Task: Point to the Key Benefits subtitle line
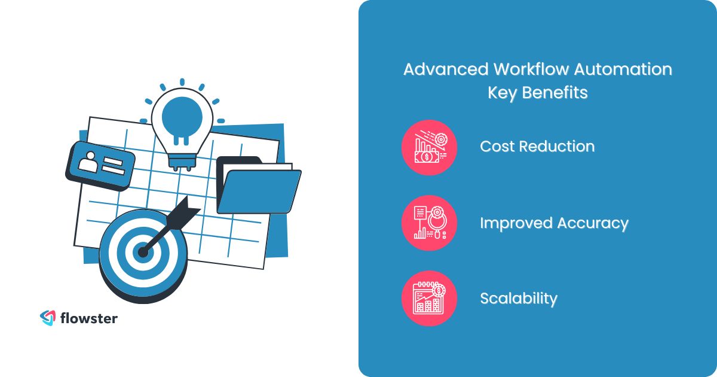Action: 538,93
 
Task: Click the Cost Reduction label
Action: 537,147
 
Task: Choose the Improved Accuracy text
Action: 554,223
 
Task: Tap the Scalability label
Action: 518,299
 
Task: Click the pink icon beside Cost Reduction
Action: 429,147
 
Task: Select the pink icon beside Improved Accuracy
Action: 429,223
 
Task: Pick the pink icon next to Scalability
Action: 429,299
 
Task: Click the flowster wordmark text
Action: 88,318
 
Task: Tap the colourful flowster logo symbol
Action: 47,318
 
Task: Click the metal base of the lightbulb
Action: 178,162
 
